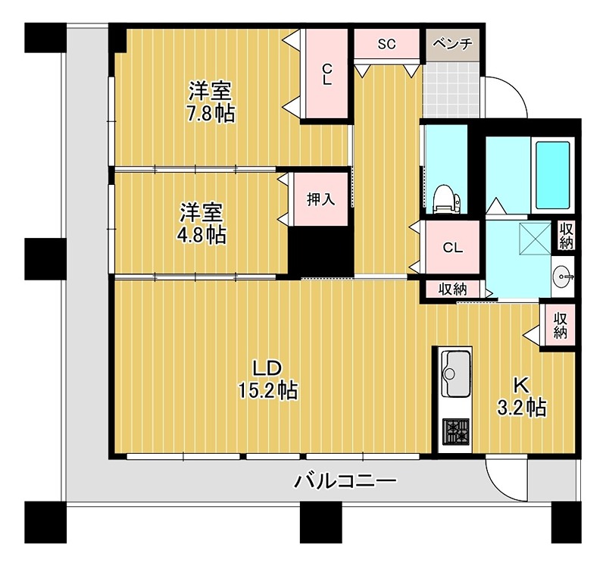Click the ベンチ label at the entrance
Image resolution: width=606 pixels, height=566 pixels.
(452, 44)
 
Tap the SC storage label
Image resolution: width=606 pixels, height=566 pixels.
(386, 44)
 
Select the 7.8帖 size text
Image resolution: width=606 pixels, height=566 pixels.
(211, 114)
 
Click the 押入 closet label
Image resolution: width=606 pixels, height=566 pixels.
(320, 199)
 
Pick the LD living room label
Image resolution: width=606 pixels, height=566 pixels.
(267, 368)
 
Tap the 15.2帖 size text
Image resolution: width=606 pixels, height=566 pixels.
(268, 390)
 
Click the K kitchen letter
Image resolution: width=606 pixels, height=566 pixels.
(520, 385)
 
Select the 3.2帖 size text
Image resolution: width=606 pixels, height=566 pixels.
(521, 408)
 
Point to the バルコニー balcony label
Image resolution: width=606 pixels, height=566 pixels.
(345, 482)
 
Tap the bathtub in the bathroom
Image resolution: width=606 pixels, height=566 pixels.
(553, 175)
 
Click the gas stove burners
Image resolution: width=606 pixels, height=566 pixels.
(456, 431)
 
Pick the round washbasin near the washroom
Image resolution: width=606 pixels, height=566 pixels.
(562, 277)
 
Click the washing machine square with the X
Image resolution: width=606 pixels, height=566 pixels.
(536, 238)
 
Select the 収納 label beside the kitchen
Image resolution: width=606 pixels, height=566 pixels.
(560, 326)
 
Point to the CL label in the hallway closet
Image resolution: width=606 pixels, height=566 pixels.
(452, 248)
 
